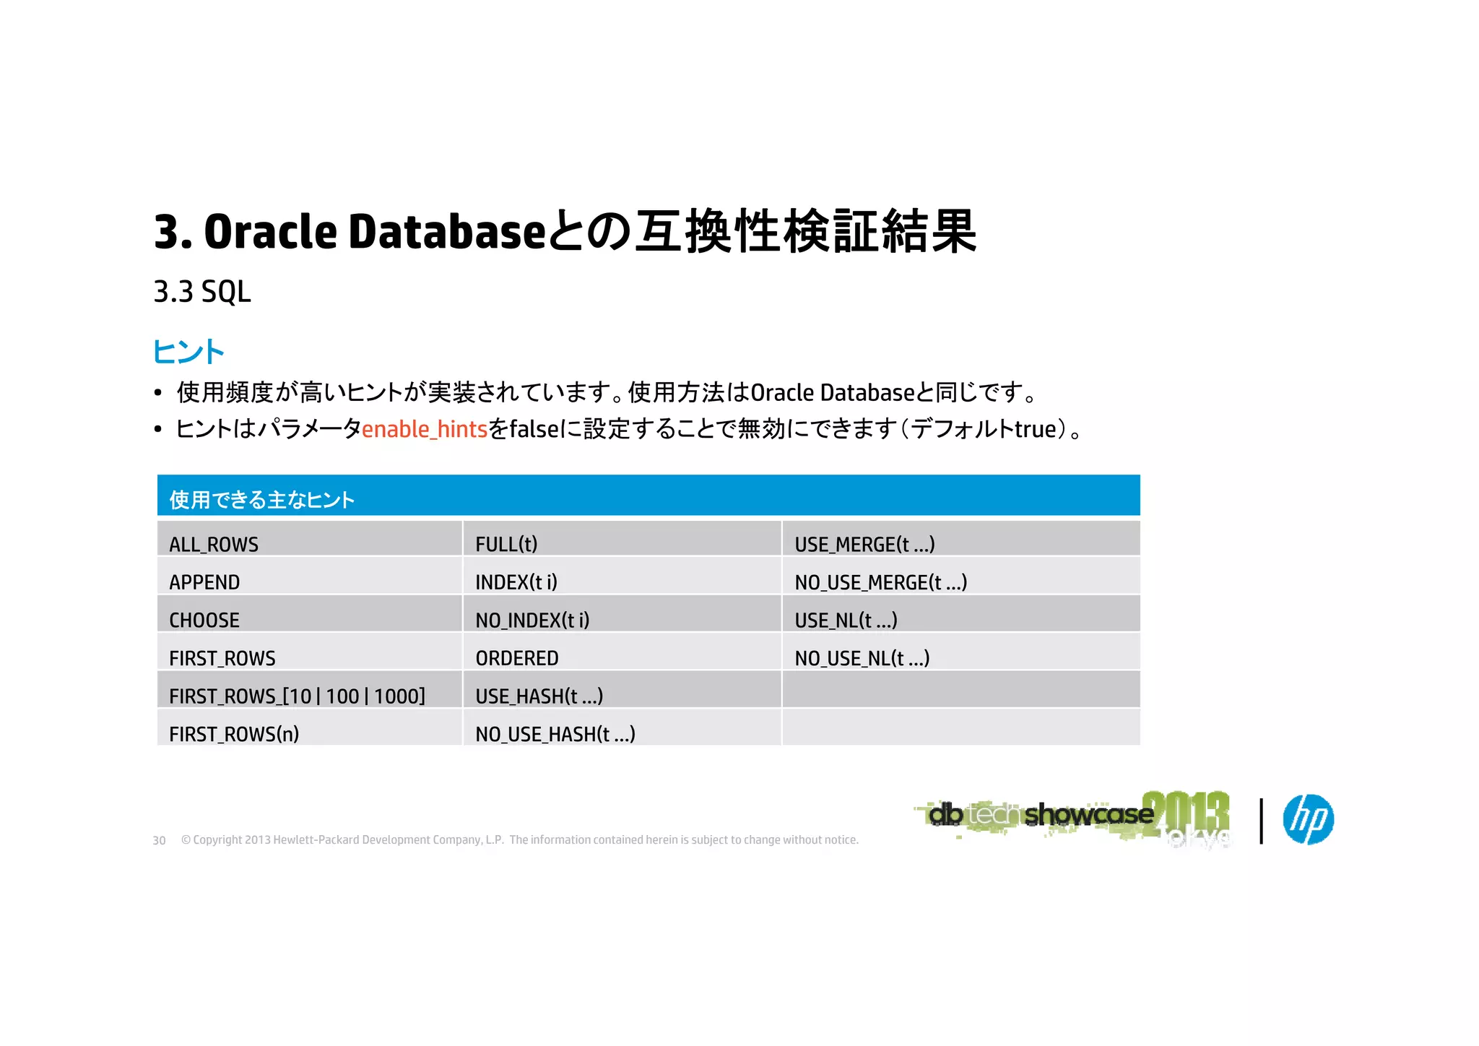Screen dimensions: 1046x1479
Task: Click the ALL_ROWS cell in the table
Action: click(x=214, y=544)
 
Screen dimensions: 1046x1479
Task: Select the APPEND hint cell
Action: click(x=204, y=582)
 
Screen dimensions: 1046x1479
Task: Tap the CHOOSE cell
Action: click(x=204, y=620)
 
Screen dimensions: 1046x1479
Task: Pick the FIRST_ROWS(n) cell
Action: click(x=234, y=734)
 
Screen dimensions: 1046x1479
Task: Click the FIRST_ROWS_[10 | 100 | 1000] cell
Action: click(x=297, y=696)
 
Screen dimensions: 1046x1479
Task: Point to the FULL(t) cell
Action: click(x=506, y=544)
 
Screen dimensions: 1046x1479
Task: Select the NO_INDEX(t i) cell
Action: click(x=532, y=620)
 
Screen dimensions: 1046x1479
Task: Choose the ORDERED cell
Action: click(x=517, y=658)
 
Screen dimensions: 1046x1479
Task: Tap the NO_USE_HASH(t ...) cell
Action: click(x=555, y=734)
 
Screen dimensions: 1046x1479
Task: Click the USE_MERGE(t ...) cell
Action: click(x=864, y=544)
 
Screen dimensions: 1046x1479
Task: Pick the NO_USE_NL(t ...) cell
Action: click(x=862, y=658)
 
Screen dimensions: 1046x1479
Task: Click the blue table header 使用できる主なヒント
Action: click(x=262, y=499)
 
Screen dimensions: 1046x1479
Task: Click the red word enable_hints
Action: click(x=425, y=429)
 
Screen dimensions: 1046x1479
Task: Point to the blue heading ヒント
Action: click(x=188, y=352)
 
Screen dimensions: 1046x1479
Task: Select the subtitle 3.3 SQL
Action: click(x=202, y=292)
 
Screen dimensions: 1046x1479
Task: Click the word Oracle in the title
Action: click(x=270, y=232)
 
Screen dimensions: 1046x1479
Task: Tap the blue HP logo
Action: click(x=1308, y=819)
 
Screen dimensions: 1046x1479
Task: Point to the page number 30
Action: click(x=159, y=840)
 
